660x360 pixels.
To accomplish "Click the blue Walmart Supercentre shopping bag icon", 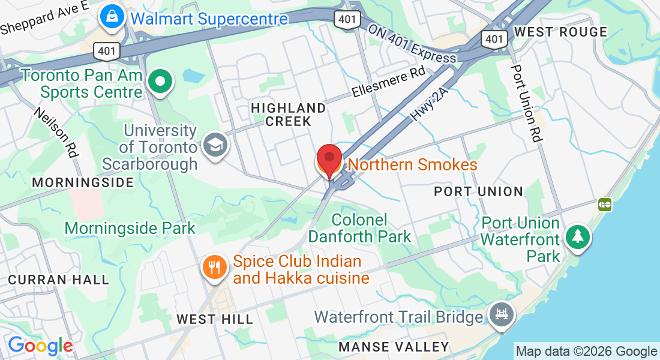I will pos(112,17).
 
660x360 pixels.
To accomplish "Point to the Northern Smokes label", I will pos(413,164).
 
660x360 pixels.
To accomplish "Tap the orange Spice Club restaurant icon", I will pos(214,266).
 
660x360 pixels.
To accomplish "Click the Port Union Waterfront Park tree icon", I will pos(577,237).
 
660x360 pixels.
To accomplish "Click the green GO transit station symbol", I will pos(605,205).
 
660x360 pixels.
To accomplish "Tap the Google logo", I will pos(40,346).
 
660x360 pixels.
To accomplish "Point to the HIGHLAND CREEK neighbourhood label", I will pos(289,115).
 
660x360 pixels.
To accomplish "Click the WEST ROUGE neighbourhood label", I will pos(561,32).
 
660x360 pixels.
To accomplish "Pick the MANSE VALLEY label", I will pos(394,347).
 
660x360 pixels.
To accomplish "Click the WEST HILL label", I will pos(215,319).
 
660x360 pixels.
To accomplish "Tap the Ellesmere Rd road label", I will pos(388,83).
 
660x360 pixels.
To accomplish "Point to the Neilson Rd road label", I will pos(56,132).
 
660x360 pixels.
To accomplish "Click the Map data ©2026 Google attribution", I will pos(586,352).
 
